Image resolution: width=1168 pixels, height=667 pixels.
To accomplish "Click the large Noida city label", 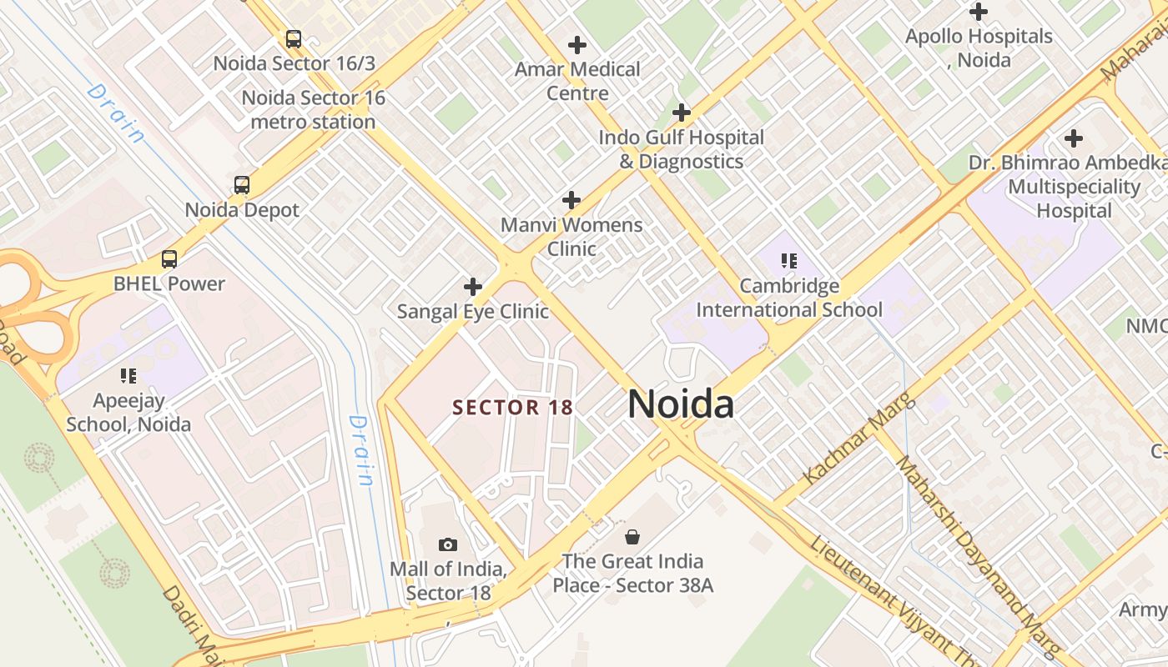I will (681, 404).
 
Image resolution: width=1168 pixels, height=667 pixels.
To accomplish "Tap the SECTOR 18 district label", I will (512, 408).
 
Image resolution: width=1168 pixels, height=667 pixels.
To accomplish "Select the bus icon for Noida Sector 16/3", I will (294, 39).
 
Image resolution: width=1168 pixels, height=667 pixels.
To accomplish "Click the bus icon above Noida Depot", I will (242, 185).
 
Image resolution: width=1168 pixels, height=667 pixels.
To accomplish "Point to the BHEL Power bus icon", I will (169, 259).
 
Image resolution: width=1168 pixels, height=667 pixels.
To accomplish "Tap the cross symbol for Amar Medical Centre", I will (576, 45).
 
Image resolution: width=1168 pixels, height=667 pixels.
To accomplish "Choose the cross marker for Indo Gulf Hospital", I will (682, 113).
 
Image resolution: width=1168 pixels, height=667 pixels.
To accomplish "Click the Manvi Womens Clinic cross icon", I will (571, 200).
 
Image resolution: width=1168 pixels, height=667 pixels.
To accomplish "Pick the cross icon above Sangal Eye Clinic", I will (473, 288).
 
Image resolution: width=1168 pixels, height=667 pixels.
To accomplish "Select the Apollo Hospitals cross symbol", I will (979, 13).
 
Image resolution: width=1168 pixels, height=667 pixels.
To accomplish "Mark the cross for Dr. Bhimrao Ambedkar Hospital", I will (1074, 138).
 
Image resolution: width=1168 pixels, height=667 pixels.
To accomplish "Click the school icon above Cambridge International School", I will (789, 262).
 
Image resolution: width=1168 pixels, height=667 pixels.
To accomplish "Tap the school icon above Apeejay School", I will (128, 376).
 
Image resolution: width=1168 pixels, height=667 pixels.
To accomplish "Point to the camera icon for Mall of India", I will (448, 545).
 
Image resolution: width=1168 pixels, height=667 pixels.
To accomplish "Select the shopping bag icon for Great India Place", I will (632, 536).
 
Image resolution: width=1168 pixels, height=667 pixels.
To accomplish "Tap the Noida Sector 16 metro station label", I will (313, 110).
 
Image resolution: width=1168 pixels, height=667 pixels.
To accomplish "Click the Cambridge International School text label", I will (789, 298).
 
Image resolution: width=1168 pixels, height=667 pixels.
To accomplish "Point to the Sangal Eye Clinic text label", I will (473, 312).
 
